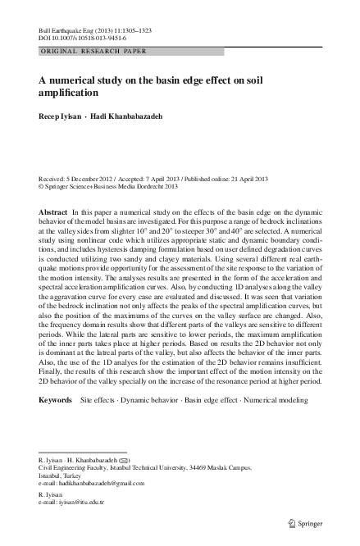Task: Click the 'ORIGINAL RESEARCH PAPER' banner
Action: click(93, 51)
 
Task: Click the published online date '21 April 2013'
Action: click(255, 178)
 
